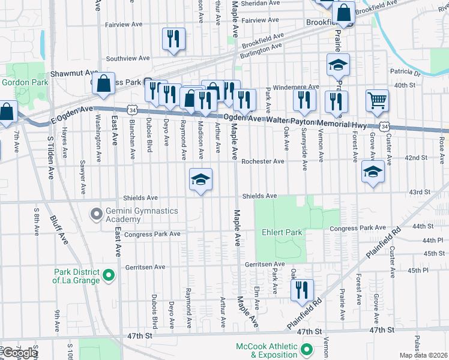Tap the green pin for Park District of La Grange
pos(109,275)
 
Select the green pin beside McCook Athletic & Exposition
pos(307,349)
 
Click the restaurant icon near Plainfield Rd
pos(302,290)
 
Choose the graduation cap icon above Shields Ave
pos(201,179)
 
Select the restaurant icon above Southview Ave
pos(173,39)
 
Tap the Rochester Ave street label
pos(263,161)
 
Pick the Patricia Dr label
pos(405,73)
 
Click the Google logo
pos(19,353)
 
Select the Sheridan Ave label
pos(264,3)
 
